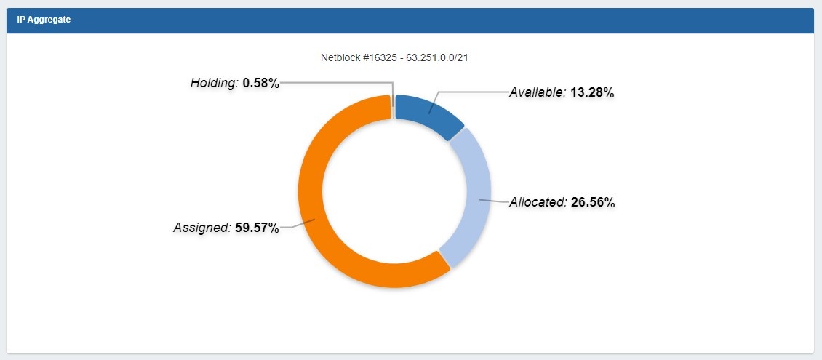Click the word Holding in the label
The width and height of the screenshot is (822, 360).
pyautogui.click(x=214, y=83)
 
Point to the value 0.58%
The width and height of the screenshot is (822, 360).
pyautogui.click(x=261, y=83)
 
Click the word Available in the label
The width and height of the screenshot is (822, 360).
pyautogui.click(x=537, y=92)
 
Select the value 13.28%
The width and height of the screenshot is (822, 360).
pyautogui.click(x=593, y=92)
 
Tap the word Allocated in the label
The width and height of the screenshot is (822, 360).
pyautogui.click(x=538, y=202)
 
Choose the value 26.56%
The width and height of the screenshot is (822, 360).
pyautogui.click(x=593, y=202)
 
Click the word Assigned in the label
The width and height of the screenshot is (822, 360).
pyautogui.click(x=201, y=228)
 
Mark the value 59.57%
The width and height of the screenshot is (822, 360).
pyautogui.click(x=257, y=228)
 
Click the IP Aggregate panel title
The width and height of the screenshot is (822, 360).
pyautogui.click(x=44, y=20)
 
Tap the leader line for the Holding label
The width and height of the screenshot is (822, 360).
pyautogui.click(x=335, y=82)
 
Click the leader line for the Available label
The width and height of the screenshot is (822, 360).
pyautogui.click(x=473, y=92)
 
